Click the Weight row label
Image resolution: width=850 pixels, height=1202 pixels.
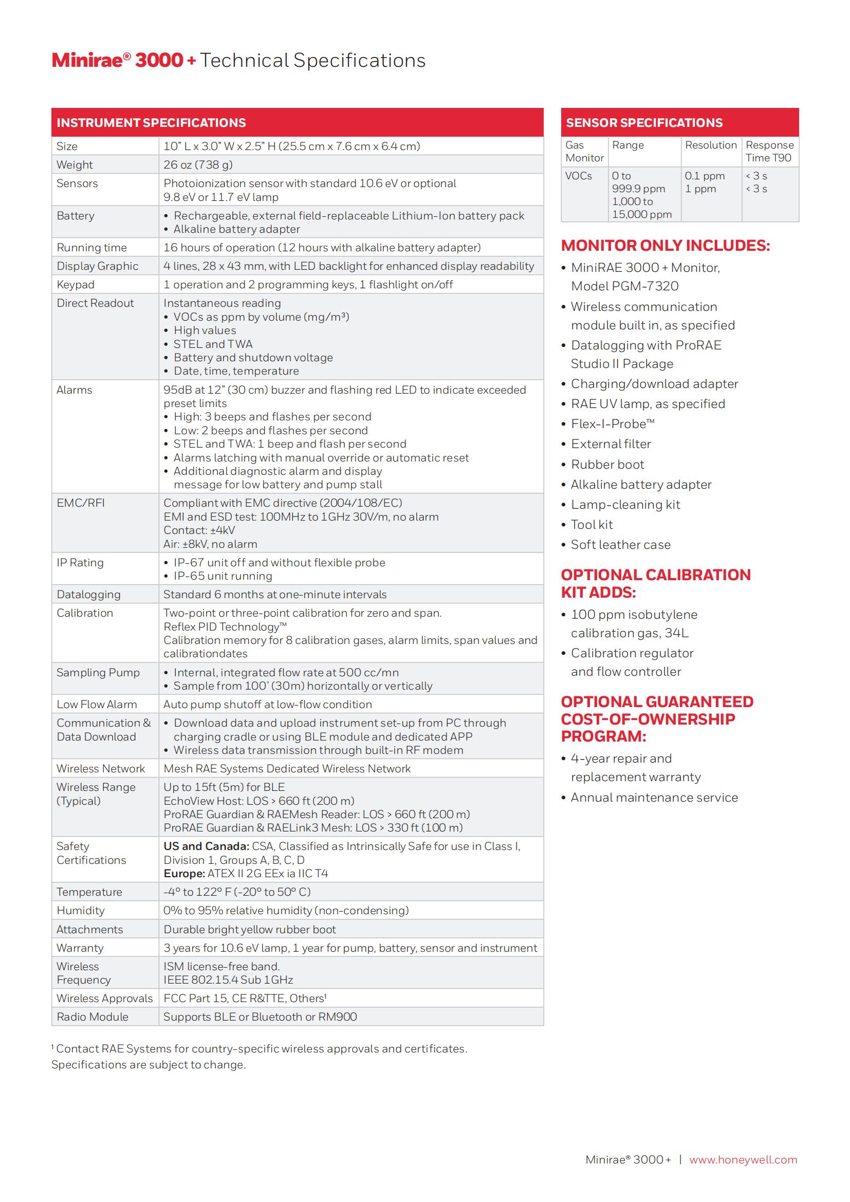(75, 165)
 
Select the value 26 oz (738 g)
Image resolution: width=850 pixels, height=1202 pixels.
(198, 165)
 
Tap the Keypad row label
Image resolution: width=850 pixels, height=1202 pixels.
(76, 285)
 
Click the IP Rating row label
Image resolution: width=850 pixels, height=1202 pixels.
(80, 563)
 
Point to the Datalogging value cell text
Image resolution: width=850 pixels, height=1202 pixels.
(275, 595)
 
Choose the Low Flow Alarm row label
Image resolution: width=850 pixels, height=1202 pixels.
(97, 705)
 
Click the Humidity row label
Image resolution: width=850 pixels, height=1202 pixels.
(81, 911)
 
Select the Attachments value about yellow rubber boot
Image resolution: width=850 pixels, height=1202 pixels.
(250, 930)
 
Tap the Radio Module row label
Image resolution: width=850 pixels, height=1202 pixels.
(92, 1017)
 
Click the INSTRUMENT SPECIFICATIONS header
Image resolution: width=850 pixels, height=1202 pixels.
(151, 123)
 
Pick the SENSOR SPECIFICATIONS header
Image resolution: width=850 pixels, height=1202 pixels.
(644, 123)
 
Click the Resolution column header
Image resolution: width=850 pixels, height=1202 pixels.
(711, 145)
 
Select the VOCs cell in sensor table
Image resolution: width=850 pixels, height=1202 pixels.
(578, 176)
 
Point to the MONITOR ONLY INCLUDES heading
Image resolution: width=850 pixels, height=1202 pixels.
(665, 246)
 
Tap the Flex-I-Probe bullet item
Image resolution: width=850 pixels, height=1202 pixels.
(613, 424)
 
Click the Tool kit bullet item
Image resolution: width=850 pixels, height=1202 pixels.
(592, 525)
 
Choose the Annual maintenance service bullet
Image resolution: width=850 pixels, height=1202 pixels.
(654, 798)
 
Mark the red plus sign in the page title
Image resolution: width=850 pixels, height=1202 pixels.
(192, 61)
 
